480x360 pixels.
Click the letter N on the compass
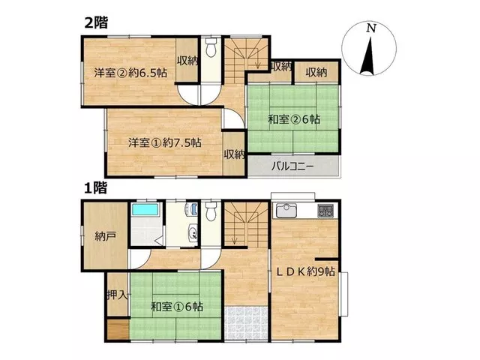[x=371, y=28]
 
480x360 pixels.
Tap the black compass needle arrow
[x=368, y=56]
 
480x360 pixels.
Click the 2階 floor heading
[x=96, y=22]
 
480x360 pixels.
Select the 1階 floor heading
[x=96, y=187]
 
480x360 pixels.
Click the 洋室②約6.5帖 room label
[x=130, y=73]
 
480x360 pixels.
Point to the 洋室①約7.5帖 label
[x=165, y=142]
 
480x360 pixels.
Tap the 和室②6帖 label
[x=294, y=118]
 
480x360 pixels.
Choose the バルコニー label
[x=292, y=166]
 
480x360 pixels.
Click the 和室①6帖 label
[x=177, y=307]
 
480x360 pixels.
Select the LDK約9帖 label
[x=305, y=271]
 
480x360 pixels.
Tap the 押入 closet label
[x=117, y=295]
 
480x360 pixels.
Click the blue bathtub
[x=145, y=210]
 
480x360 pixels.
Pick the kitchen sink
[x=286, y=210]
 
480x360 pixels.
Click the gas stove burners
[x=325, y=210]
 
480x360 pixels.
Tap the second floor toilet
[x=211, y=47]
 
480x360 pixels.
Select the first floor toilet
[x=211, y=211]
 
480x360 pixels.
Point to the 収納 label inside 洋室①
[x=235, y=154]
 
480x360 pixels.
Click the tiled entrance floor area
[x=247, y=322]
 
